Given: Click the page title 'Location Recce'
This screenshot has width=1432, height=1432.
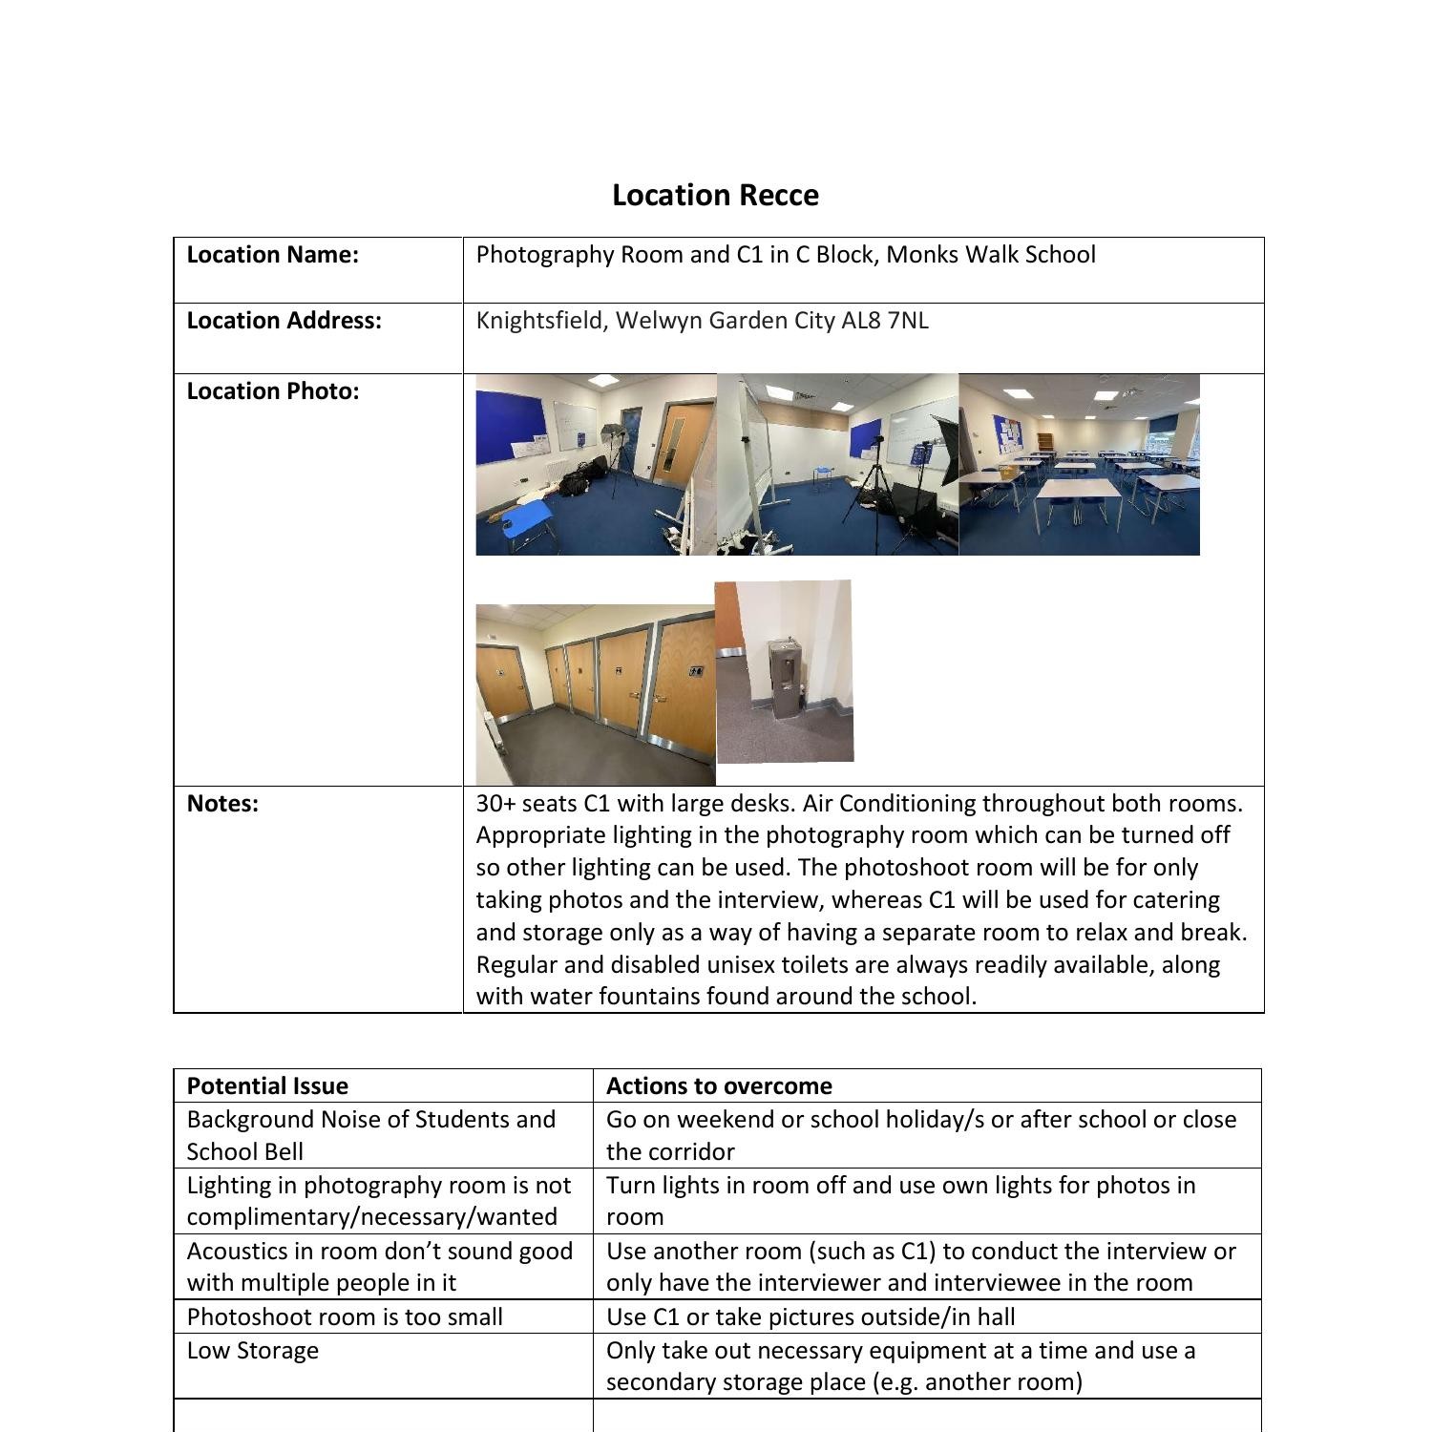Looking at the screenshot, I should (715, 195).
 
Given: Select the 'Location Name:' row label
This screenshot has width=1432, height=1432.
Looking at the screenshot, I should (272, 255).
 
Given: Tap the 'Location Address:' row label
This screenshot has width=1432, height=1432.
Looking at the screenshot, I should (284, 321).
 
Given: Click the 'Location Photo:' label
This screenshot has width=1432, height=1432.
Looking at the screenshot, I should (272, 391).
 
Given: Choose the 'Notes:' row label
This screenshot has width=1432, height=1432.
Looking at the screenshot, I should (222, 804).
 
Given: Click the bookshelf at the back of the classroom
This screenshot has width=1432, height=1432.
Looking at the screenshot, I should (1047, 442).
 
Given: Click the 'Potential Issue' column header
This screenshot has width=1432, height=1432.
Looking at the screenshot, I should (267, 1086).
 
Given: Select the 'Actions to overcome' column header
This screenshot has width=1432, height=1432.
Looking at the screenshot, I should (719, 1086).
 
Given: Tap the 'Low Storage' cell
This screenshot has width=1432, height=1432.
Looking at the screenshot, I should (253, 1351).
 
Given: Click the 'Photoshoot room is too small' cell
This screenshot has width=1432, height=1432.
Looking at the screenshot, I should (345, 1317).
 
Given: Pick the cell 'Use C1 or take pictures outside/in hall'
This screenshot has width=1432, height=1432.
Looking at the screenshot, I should (811, 1317).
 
